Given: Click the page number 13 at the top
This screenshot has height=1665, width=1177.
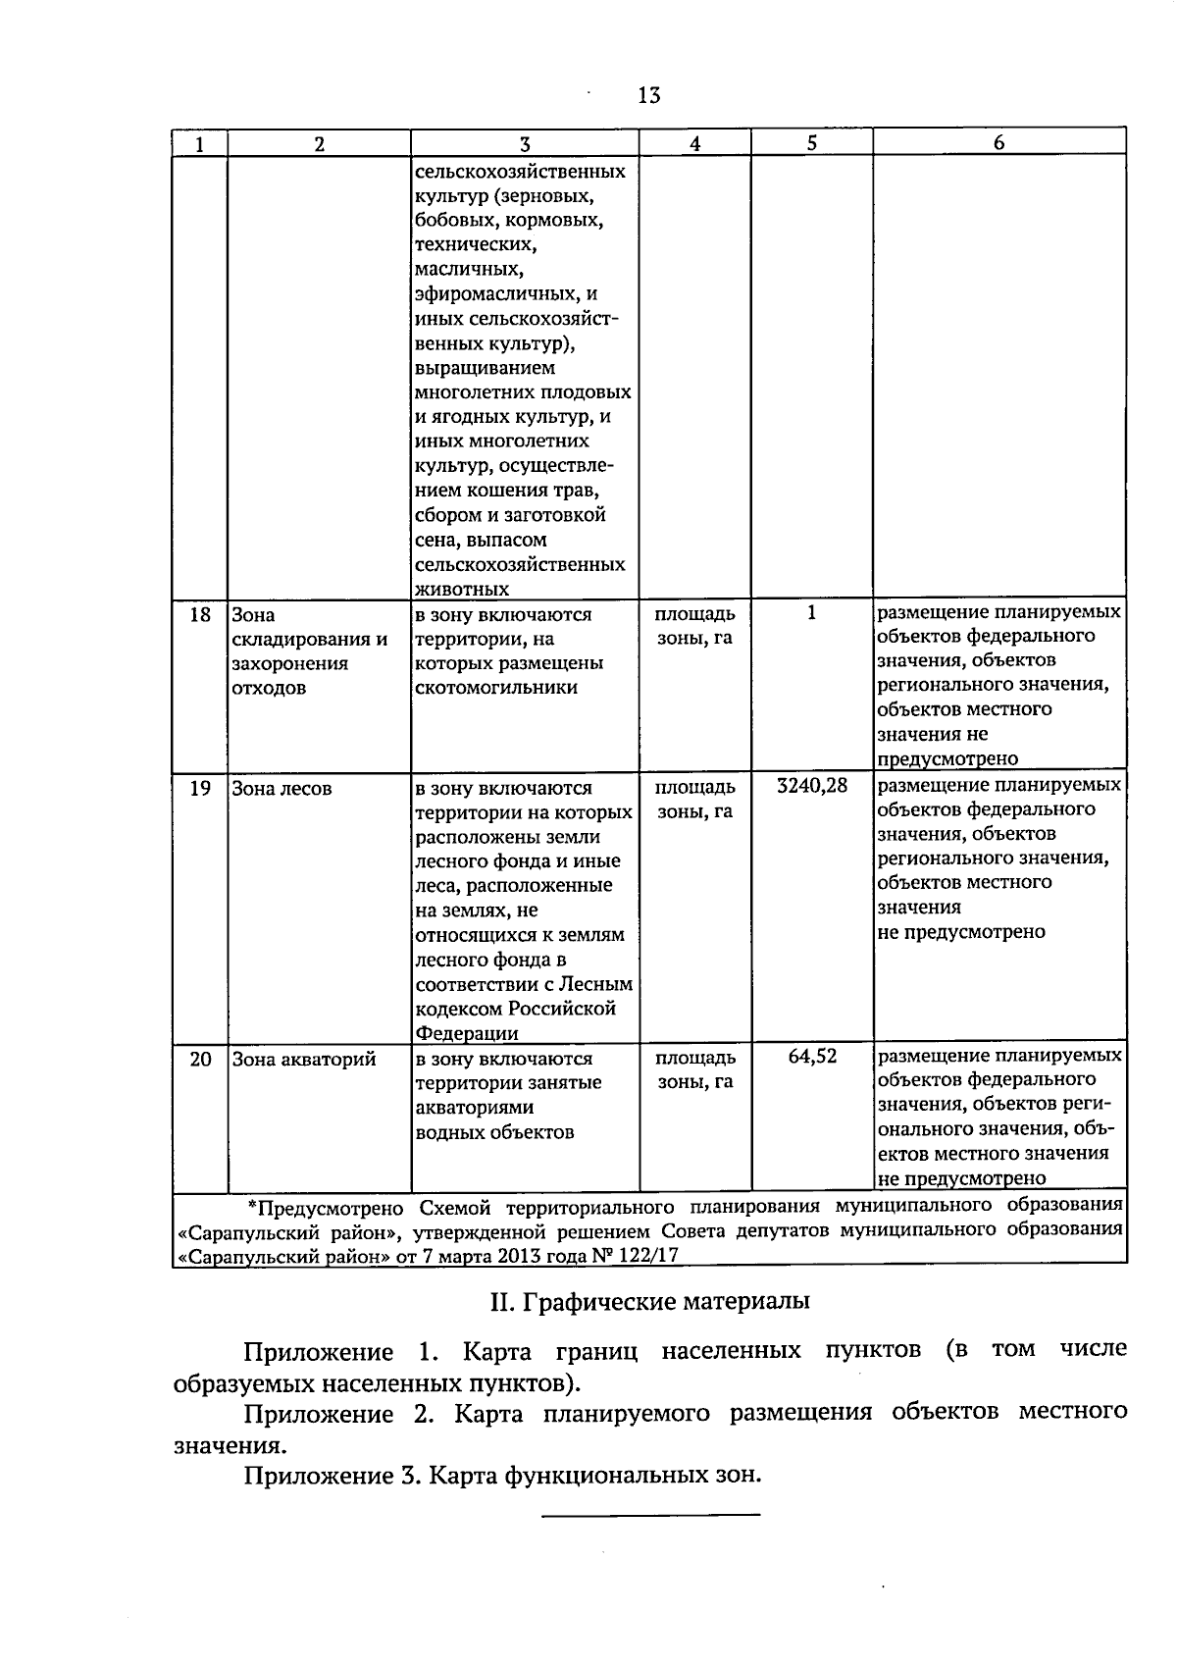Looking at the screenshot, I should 648,95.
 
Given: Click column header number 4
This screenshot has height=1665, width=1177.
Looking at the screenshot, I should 694,143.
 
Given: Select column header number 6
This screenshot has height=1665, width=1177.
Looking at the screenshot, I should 998,142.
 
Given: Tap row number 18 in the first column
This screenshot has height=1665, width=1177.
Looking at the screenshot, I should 200,615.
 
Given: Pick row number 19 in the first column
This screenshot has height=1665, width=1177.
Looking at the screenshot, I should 200,789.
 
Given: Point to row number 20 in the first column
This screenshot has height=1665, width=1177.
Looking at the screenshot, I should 200,1060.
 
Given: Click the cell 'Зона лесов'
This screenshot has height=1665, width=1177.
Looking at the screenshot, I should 281,789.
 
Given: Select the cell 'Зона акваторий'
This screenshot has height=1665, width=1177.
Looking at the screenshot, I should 303,1060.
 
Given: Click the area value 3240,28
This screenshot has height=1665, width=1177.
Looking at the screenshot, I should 811,786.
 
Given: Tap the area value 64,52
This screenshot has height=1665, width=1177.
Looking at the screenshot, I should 812,1057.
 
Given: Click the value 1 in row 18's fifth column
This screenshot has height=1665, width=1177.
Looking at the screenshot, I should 811,613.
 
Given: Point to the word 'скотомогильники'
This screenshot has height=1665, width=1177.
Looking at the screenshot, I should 496,688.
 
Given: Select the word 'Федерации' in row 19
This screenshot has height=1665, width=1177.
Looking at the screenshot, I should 467,1033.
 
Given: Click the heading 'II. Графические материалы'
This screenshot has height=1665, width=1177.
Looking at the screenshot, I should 649,1302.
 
